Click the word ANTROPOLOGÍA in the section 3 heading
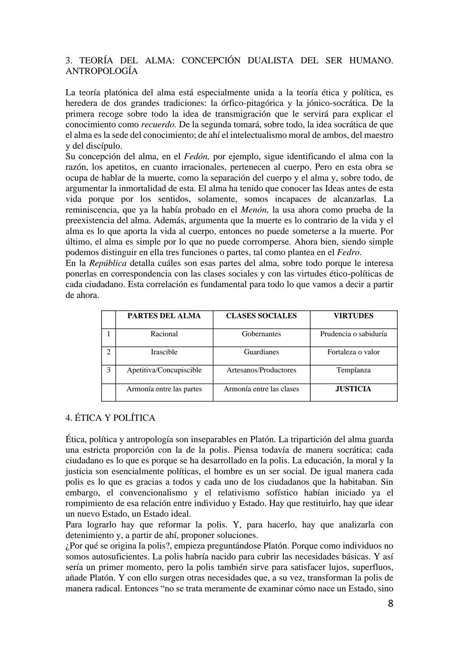point(102,71)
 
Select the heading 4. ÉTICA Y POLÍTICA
point(110,418)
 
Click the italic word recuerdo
point(158,125)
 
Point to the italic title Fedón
point(195,157)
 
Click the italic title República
point(108,263)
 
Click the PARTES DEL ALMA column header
point(164,316)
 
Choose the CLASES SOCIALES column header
point(261,316)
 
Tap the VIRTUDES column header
point(353,316)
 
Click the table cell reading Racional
point(164,334)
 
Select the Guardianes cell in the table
point(261,352)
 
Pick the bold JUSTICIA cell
point(353,389)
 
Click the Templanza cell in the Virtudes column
point(353,370)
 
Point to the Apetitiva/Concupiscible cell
point(164,370)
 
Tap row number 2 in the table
point(108,352)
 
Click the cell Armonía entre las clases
point(261,389)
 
